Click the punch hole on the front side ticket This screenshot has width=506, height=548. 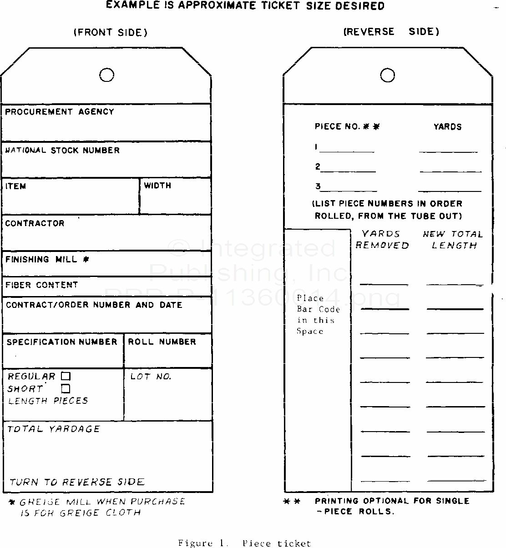(106, 75)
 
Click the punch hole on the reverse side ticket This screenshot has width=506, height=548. (387, 75)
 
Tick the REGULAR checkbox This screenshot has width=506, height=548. (66, 376)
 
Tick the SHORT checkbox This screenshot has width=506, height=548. (66, 389)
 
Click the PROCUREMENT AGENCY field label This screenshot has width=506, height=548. (60, 112)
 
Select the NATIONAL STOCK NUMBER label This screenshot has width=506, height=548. (62, 151)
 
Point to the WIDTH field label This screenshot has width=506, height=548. (157, 186)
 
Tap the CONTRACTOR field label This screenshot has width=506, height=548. (35, 223)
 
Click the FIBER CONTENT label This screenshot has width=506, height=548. (42, 285)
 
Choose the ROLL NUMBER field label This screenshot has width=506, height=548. (162, 342)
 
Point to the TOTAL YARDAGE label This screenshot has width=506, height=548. (54, 429)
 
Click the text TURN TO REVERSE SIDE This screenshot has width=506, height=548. (77, 482)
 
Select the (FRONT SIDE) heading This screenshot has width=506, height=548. (111, 32)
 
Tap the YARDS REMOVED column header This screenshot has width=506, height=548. (382, 240)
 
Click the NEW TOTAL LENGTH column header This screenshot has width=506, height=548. (453, 240)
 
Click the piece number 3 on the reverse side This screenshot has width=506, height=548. (318, 186)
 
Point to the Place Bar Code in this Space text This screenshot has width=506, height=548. (318, 315)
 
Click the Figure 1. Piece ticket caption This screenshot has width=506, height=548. (244, 543)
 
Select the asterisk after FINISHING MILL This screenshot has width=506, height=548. (86, 260)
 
